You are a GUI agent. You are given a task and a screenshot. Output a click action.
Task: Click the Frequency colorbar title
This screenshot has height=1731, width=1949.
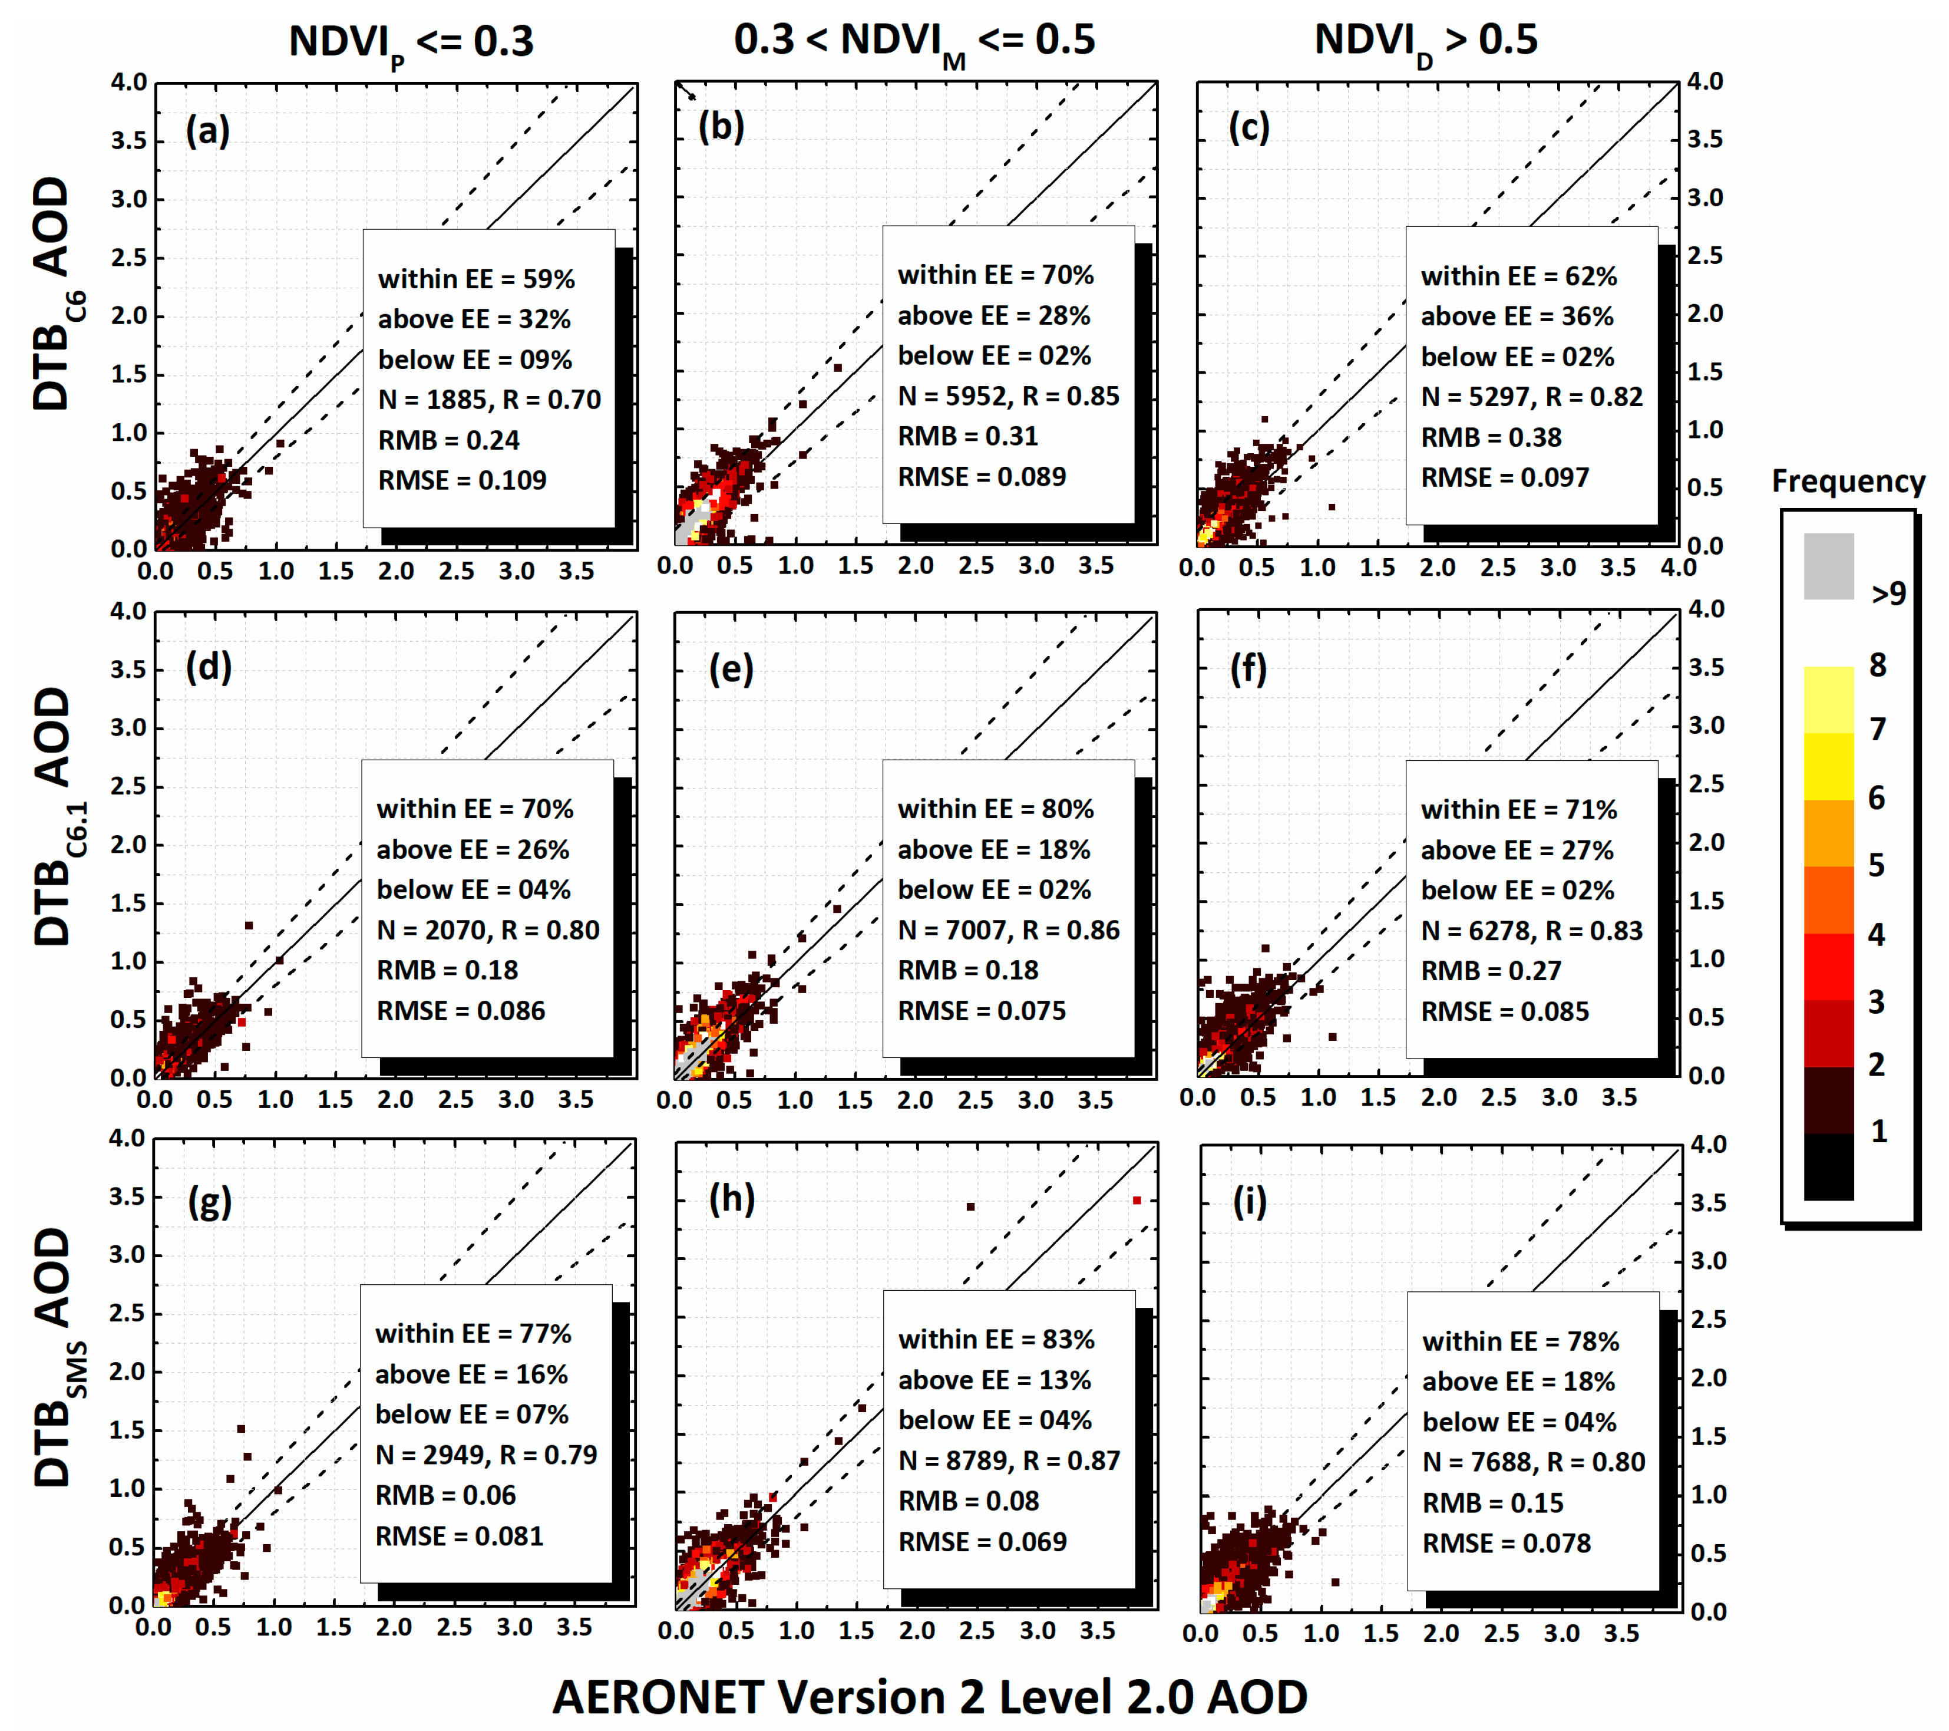(1847, 481)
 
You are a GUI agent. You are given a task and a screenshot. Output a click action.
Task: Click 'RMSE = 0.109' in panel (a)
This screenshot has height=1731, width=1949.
(463, 480)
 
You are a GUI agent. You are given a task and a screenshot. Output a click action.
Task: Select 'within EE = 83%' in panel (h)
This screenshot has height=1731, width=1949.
(996, 1339)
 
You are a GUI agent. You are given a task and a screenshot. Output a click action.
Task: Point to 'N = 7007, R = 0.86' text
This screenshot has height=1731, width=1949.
(1008, 930)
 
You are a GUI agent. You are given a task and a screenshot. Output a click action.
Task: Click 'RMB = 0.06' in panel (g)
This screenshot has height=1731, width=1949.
(445, 1495)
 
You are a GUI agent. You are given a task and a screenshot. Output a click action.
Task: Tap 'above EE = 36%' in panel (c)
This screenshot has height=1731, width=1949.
(1517, 316)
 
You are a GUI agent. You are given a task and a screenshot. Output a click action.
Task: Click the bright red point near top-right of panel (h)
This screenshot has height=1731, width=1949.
(1137, 1201)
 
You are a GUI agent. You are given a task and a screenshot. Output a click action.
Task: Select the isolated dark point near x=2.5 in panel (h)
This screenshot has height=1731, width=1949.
(971, 1206)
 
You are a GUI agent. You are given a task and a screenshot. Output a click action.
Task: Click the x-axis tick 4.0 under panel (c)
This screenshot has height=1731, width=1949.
(1678, 568)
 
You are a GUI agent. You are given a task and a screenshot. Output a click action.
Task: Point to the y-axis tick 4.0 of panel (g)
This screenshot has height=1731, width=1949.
(127, 1137)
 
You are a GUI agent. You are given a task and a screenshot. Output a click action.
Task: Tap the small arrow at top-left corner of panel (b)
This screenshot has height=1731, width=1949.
(686, 91)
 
